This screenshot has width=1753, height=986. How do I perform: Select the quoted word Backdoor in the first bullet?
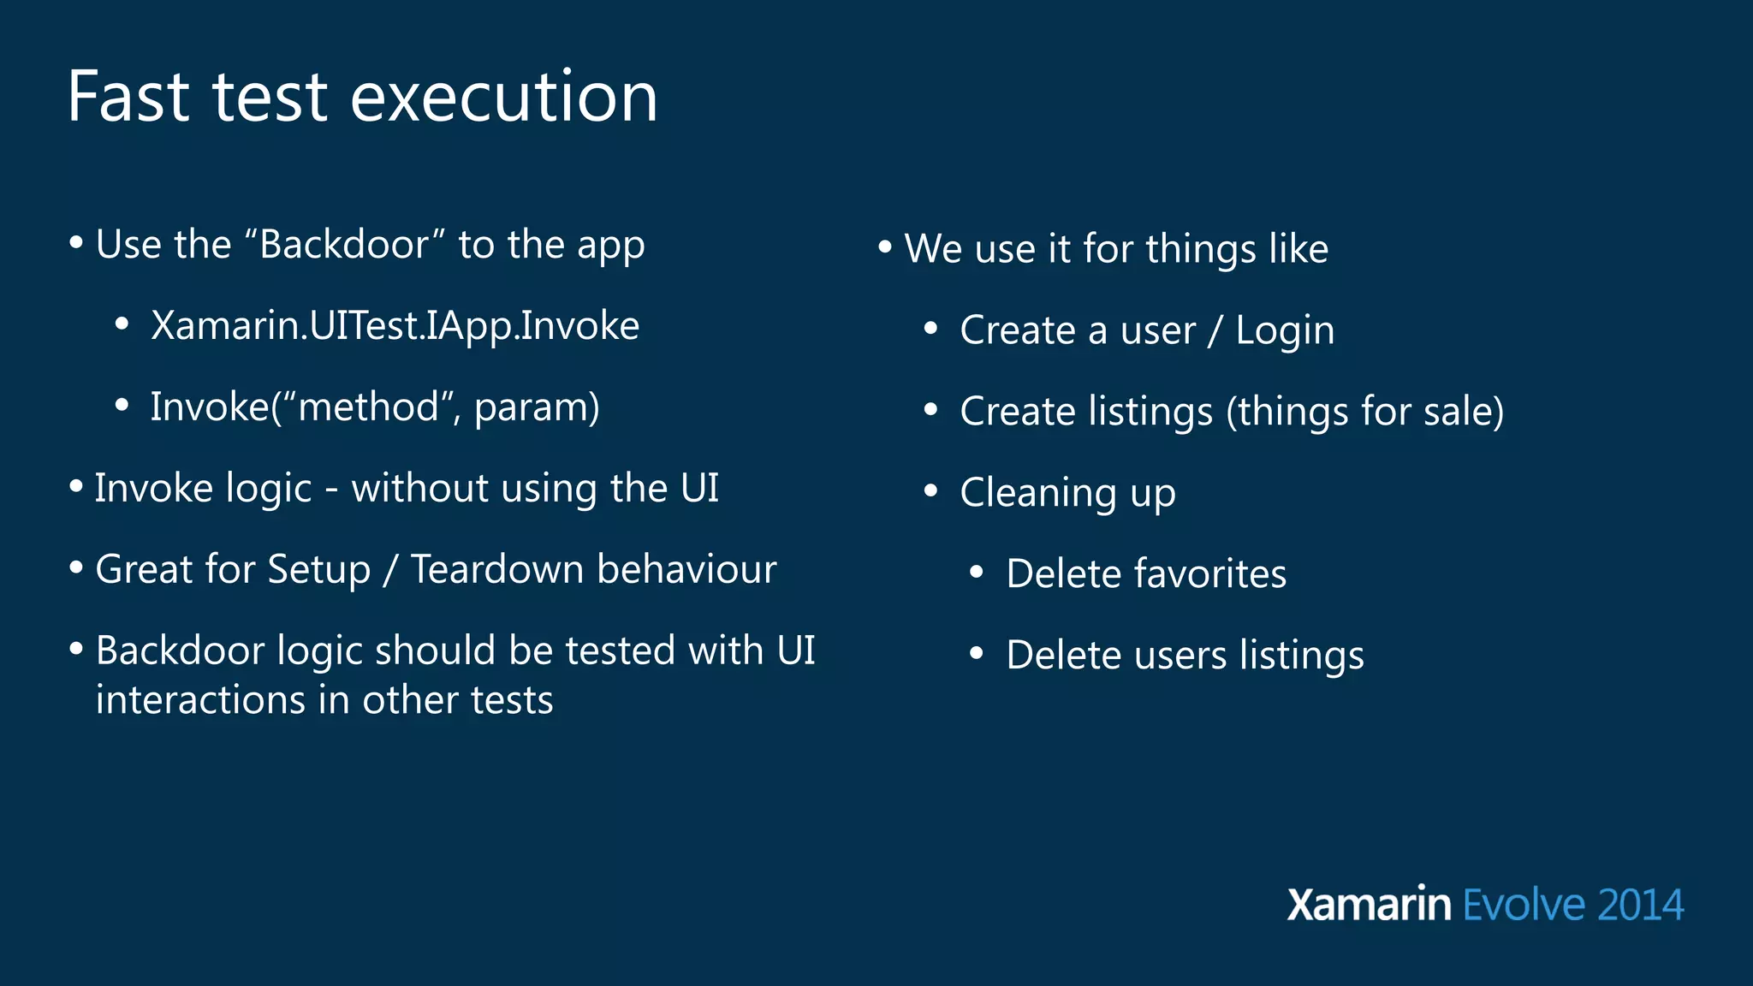[344, 245]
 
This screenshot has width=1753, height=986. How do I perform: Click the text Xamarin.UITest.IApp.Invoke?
[395, 326]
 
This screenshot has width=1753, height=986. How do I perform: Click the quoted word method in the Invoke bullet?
[368, 407]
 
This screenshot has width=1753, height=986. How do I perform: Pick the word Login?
[1285, 331]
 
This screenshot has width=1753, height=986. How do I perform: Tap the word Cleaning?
[1037, 493]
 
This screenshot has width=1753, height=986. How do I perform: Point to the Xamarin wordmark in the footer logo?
[1369, 905]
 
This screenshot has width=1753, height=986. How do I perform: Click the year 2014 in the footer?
[1640, 905]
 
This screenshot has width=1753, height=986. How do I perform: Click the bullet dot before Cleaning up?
[931, 491]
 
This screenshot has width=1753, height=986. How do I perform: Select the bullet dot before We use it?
[885, 248]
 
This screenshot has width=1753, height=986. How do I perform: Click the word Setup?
[318, 570]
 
